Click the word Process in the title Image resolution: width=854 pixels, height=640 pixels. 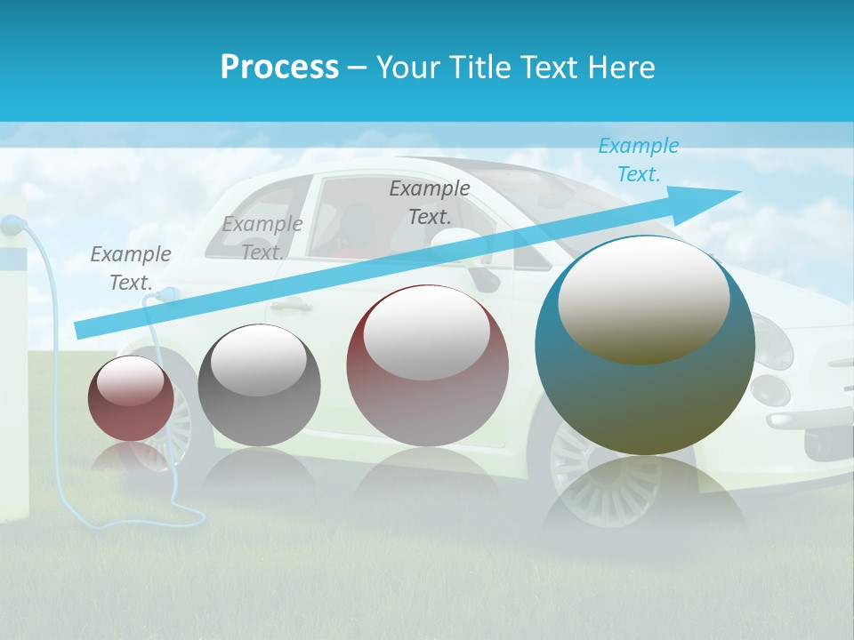(279, 68)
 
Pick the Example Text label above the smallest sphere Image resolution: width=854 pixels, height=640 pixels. (130, 268)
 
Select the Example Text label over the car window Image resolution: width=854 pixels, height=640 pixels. (429, 203)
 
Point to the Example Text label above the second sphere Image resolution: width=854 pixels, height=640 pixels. (262, 238)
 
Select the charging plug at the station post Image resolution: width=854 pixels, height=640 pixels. (11, 226)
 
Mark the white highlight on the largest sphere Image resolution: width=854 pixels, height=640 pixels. (643, 302)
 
